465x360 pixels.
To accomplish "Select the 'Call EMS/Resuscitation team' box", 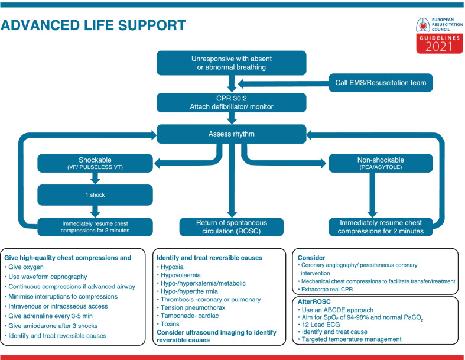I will [x=381, y=82].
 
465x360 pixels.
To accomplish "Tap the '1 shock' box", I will [x=95, y=194].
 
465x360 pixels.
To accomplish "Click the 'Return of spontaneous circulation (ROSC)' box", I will [x=232, y=227].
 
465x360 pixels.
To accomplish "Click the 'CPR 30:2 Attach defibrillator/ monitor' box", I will [x=232, y=101].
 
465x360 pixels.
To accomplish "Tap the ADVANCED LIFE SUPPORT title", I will [x=93, y=25].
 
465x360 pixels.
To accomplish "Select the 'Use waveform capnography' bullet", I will [x=48, y=277].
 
